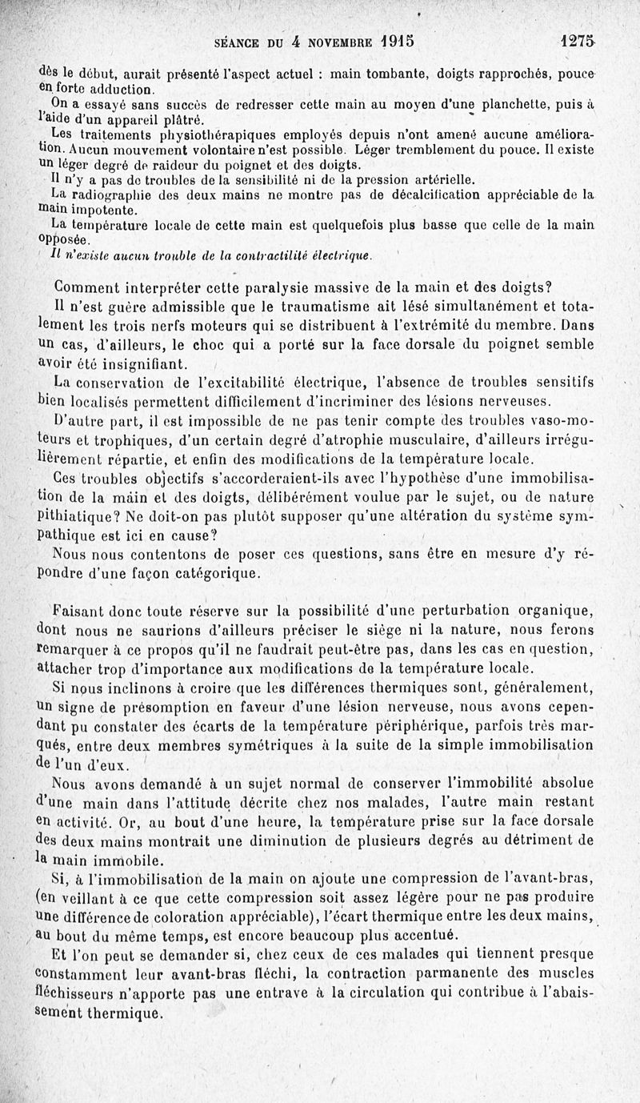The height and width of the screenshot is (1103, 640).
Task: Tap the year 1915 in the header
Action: (x=402, y=41)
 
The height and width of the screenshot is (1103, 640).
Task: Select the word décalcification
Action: (x=458, y=195)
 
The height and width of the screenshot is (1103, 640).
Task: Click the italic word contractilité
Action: (x=239, y=255)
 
